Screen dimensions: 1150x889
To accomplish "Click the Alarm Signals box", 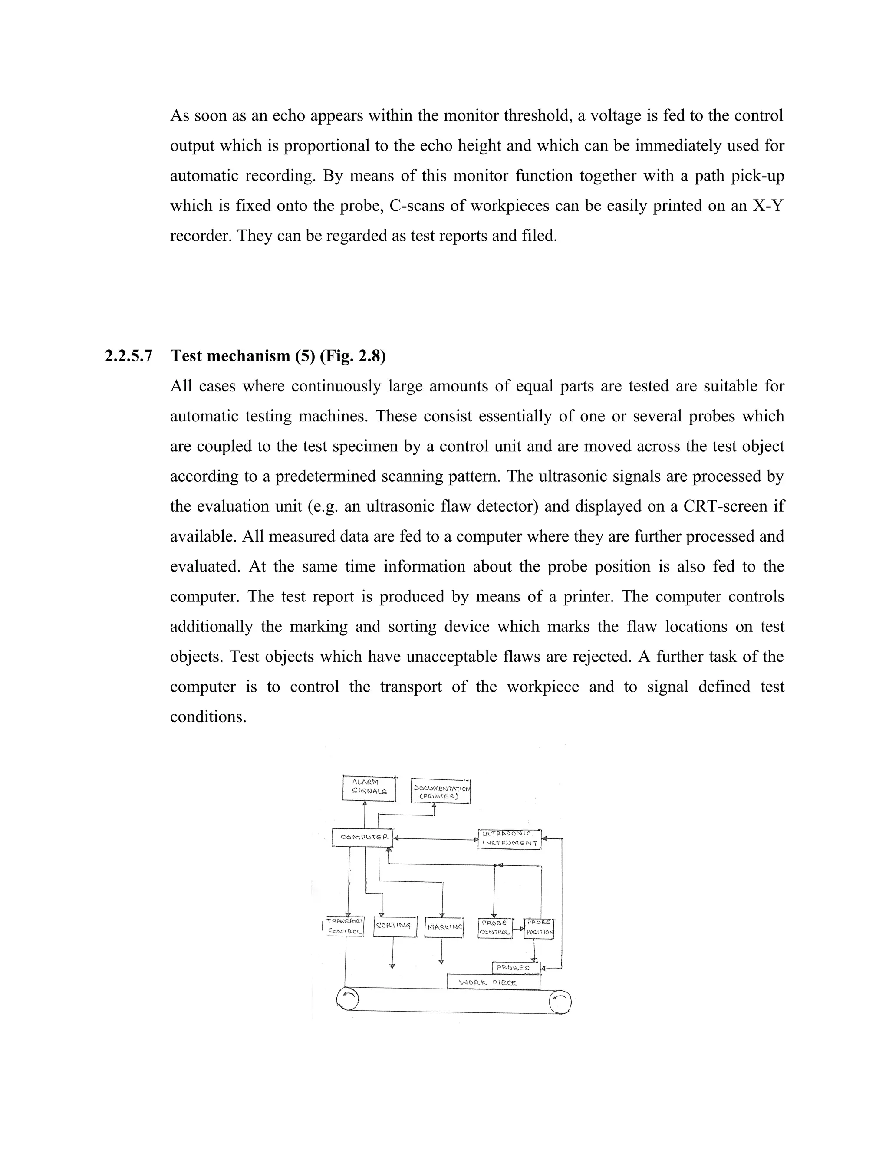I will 369,788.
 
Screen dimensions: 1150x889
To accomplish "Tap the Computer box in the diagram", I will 363,837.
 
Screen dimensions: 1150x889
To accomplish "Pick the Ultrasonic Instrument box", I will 509,839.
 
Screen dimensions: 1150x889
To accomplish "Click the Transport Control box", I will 345,927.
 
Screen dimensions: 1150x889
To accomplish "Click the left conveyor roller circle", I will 347,999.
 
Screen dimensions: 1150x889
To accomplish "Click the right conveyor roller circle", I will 560,1002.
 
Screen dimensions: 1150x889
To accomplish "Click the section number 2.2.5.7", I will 128,356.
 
